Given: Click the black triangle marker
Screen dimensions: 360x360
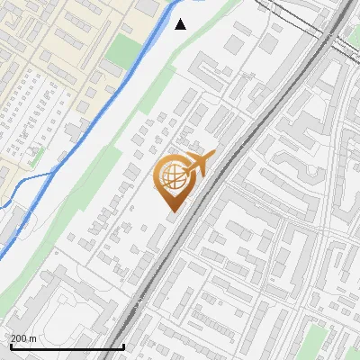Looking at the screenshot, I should click(181, 23).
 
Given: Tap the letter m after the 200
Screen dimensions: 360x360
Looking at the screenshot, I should click(32, 338).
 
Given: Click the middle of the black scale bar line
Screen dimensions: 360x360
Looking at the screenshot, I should click(67, 346).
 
